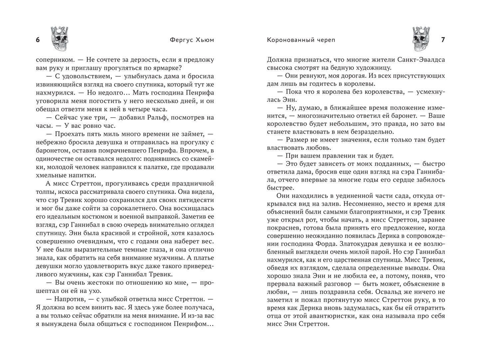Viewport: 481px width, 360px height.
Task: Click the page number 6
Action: click(38, 40)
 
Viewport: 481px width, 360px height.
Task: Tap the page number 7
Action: click(443, 40)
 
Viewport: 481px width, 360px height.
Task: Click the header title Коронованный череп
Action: click(301, 40)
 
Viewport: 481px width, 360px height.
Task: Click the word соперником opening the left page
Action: click(52, 60)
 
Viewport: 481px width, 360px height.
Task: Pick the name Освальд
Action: click(392, 291)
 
